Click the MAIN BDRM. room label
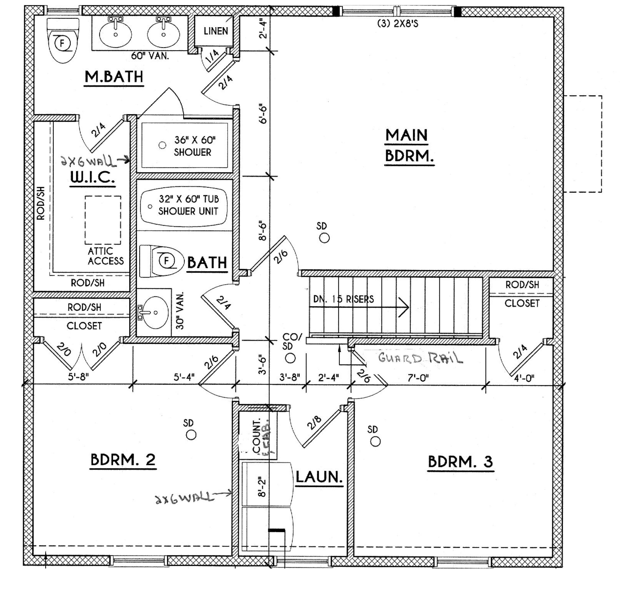[x=409, y=146]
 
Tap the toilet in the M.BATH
[x=63, y=41]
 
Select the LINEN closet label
[x=216, y=31]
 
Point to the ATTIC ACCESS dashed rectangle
[x=103, y=220]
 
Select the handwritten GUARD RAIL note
[x=420, y=358]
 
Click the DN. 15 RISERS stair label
[x=343, y=299]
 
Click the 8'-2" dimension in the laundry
[x=262, y=488]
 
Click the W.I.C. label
[x=92, y=177]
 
